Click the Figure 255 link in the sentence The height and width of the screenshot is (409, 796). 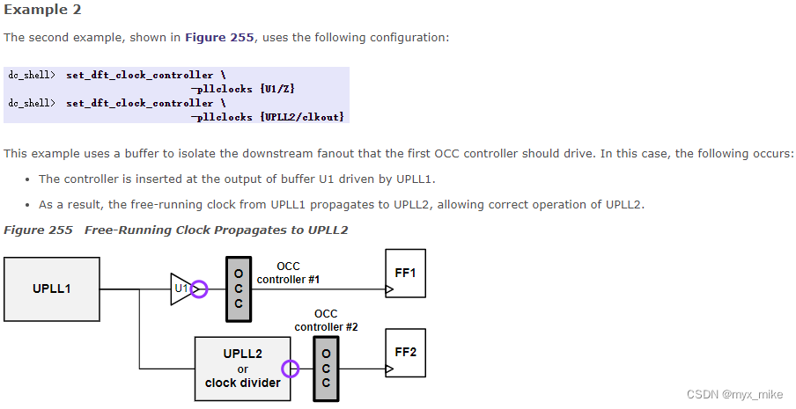(x=219, y=38)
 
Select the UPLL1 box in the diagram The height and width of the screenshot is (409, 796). (x=52, y=288)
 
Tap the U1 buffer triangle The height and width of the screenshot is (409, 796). (x=181, y=288)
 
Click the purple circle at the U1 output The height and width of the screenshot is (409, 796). (x=199, y=288)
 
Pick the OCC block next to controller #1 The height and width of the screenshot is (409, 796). (x=238, y=289)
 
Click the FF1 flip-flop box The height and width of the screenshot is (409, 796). (x=405, y=274)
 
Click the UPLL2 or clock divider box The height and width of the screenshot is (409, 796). (x=242, y=368)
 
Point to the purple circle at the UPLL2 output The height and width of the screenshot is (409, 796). (x=290, y=369)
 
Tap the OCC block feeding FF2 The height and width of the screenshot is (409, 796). (x=327, y=369)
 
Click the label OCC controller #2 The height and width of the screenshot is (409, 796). (x=326, y=320)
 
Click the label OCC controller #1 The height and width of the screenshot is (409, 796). (x=288, y=273)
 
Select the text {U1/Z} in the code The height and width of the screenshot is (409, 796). (x=282, y=89)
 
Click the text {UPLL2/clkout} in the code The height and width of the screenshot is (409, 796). (x=302, y=116)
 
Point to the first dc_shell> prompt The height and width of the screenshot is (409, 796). (x=31, y=76)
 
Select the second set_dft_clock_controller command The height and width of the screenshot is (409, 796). (x=139, y=103)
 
